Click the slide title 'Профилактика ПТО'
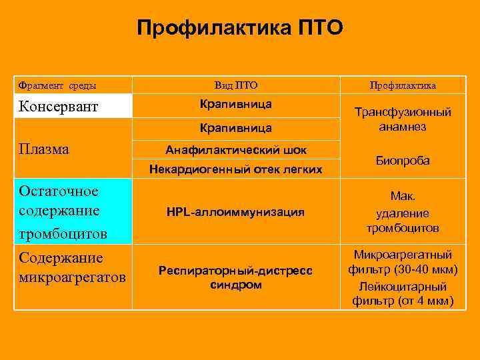click(239, 28)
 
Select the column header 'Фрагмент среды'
click(57, 85)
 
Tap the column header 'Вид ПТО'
click(236, 85)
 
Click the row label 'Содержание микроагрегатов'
click(71, 267)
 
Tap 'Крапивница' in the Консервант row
click(236, 105)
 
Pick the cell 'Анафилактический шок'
click(236, 149)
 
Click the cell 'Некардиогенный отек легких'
click(236, 169)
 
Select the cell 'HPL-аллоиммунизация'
click(236, 212)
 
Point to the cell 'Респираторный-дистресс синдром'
click(236, 277)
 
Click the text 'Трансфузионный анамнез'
click(403, 119)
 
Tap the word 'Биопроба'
click(403, 161)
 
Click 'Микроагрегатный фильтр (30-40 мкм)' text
click(403, 262)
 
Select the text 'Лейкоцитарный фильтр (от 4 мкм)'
click(403, 294)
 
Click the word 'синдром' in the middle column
click(236, 285)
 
